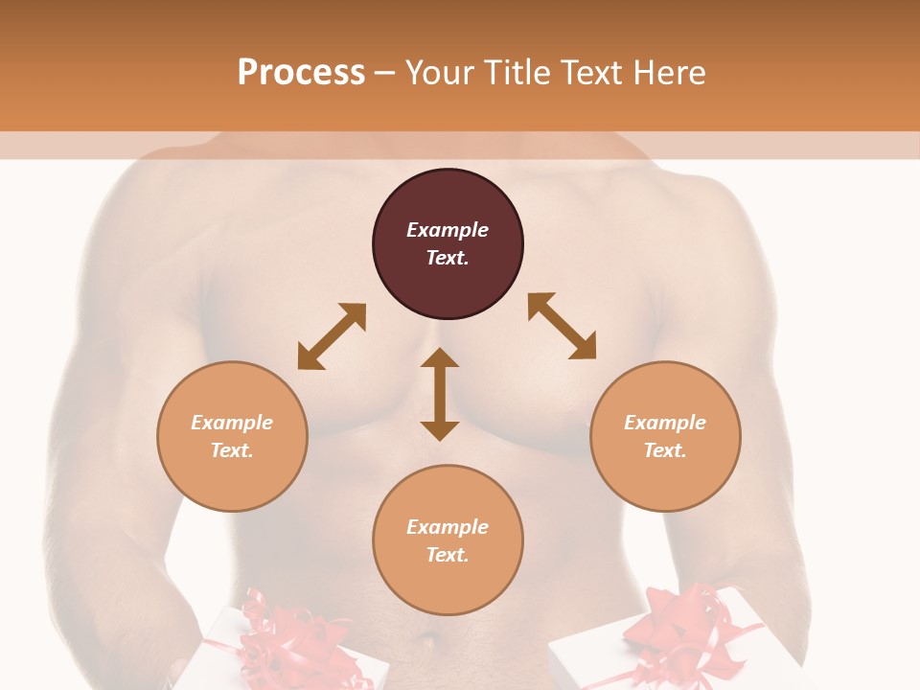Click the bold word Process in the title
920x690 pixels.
(x=301, y=73)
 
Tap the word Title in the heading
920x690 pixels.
(x=514, y=73)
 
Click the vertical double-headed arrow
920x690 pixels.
(x=440, y=394)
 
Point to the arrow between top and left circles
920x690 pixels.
(x=332, y=336)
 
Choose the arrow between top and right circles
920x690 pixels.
(x=563, y=326)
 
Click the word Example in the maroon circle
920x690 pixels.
(x=448, y=230)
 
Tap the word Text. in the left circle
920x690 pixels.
(x=232, y=450)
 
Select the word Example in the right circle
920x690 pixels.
(x=665, y=423)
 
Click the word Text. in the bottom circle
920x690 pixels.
(x=448, y=555)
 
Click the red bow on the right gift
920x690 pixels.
(x=671, y=623)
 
